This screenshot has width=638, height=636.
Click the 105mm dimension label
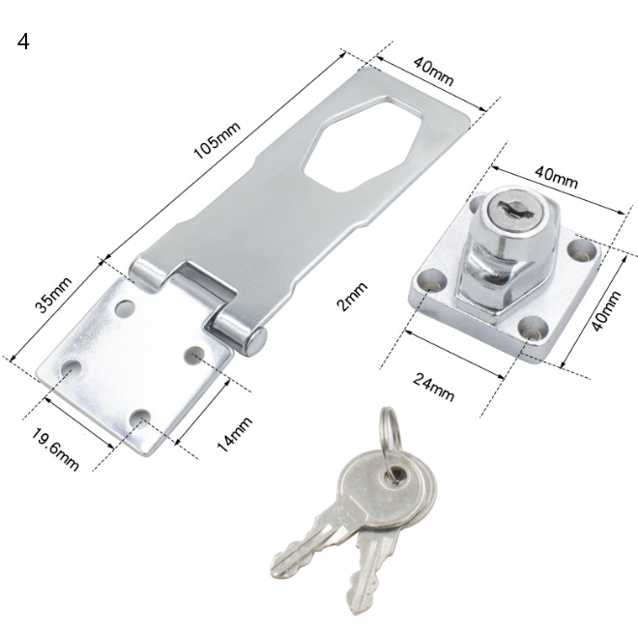click(217, 140)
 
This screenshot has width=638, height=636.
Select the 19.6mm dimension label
click(55, 449)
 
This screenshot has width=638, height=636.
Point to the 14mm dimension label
click(234, 434)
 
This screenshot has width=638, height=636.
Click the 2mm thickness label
click(353, 297)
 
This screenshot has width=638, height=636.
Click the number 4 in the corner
click(23, 42)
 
